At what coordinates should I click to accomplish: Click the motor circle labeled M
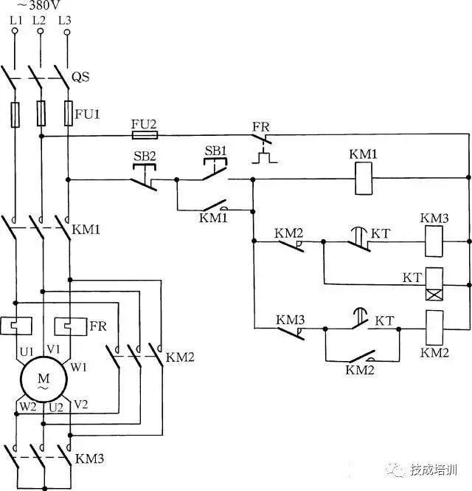42,380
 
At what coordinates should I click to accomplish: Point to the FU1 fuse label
86,114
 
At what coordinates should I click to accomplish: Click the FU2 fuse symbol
144,136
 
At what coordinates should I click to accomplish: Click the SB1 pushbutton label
215,151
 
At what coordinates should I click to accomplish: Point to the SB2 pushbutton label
145,157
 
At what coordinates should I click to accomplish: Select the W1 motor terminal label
79,366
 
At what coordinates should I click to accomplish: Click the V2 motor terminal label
81,404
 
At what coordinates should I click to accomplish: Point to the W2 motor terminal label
27,406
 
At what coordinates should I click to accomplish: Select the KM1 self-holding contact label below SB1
213,218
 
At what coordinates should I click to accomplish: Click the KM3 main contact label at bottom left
90,459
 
